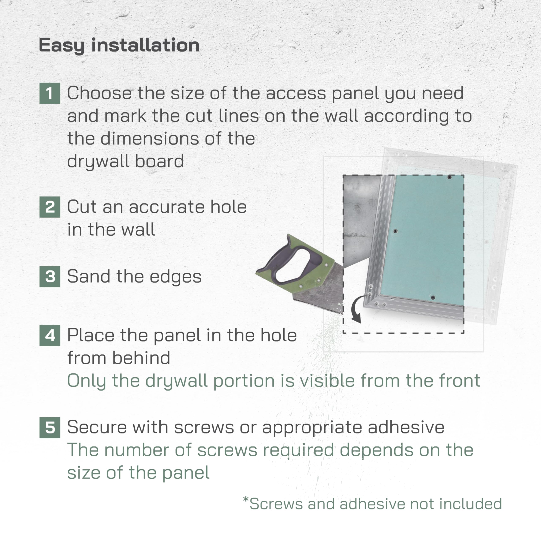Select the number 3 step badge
coord(50,276)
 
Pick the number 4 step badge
coord(50,335)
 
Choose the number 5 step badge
coord(50,427)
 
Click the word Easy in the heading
coord(61,45)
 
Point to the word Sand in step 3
coord(89,276)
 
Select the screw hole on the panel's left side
coord(395,231)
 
